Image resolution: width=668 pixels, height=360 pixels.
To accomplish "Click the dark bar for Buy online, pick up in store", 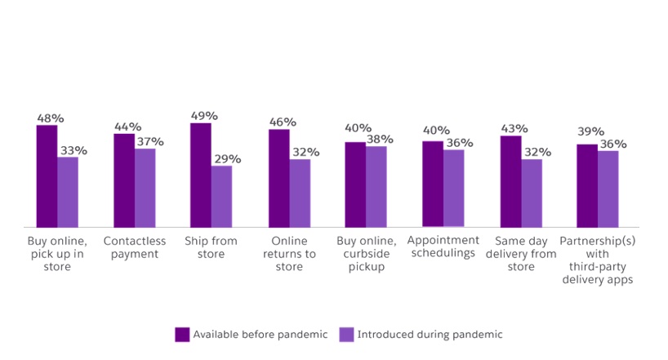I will point(47,176).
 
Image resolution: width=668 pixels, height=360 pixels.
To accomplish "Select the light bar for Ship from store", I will point(221,196).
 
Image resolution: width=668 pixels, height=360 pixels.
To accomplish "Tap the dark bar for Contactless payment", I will point(124,180).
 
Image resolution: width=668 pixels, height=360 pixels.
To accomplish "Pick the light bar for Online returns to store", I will point(300,193).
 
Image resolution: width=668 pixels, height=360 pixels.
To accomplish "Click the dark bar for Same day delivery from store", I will point(510,181).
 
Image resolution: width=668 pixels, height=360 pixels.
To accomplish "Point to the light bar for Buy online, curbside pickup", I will point(376,186).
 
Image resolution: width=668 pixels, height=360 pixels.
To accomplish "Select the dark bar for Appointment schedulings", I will point(433,184).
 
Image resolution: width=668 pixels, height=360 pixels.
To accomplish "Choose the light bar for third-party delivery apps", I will point(608,189).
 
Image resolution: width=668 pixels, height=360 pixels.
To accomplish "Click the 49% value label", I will point(201,116).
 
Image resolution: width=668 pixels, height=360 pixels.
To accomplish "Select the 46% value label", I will point(282,122).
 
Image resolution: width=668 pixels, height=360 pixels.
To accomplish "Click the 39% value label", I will point(590,131).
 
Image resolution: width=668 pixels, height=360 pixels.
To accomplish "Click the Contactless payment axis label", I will point(135,247).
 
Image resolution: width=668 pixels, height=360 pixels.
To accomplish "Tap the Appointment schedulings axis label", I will point(443,247).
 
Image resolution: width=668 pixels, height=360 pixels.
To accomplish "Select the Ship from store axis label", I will point(212,247).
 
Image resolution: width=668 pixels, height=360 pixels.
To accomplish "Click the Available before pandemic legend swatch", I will point(182,334).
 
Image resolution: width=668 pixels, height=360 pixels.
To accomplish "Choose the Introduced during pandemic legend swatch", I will point(346,334).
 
